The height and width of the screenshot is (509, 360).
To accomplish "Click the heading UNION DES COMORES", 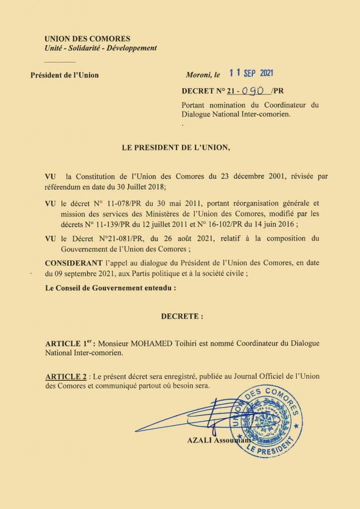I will (87, 39).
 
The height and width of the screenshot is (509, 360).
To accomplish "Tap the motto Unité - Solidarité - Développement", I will (100, 48).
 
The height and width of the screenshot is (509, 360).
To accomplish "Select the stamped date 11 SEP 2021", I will (252, 74).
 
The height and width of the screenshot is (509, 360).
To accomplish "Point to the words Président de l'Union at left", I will (65, 76).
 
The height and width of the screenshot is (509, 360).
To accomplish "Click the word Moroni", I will (197, 76).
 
